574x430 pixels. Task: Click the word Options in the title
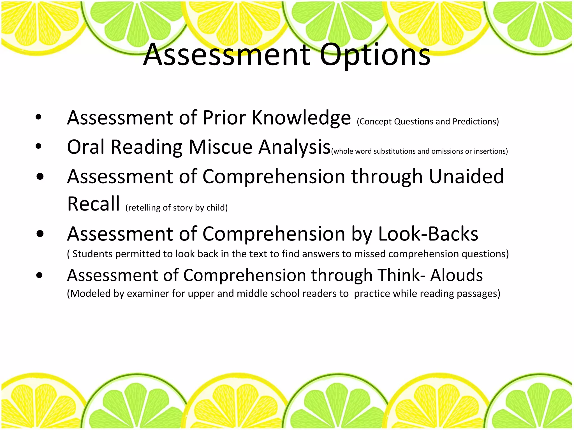click(x=375, y=55)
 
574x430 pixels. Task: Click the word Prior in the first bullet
click(x=224, y=118)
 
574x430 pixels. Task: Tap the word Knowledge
click(x=301, y=118)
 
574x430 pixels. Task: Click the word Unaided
click(x=466, y=177)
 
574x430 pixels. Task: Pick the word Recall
click(x=94, y=204)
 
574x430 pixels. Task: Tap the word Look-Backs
click(x=428, y=234)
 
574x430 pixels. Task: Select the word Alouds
click(x=457, y=275)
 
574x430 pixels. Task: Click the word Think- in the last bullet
click(x=401, y=275)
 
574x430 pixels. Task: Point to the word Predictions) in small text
click(x=476, y=121)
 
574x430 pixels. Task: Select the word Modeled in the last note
click(x=89, y=294)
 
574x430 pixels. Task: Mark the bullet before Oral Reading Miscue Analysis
click(x=39, y=146)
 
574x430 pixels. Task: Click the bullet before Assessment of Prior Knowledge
click(x=39, y=117)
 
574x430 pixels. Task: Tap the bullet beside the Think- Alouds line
click(x=40, y=275)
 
